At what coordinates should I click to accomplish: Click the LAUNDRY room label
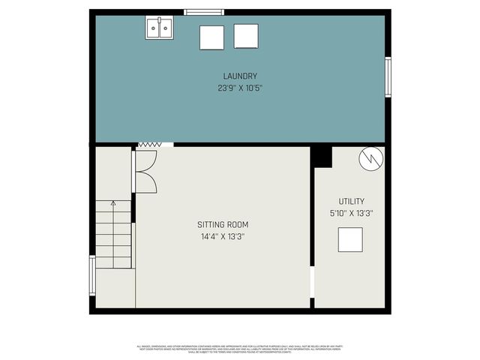point(240,76)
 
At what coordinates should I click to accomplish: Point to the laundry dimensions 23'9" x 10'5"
point(240,88)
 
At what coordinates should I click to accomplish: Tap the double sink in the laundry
point(159,28)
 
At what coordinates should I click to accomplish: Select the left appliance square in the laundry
point(211,37)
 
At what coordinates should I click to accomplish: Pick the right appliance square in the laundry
point(246,35)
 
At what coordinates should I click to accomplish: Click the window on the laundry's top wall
point(204,12)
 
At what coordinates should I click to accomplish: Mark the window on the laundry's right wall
point(388,77)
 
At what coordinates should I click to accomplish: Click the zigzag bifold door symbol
point(150,144)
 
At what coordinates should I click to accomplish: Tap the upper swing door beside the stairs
point(145,160)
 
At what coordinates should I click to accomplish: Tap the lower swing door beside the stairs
point(145,182)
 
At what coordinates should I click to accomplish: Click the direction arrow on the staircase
point(113,202)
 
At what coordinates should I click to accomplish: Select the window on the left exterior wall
point(92,275)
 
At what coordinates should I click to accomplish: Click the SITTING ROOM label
point(223,224)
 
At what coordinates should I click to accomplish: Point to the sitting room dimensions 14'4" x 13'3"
point(223,236)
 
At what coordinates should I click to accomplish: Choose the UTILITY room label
point(351,201)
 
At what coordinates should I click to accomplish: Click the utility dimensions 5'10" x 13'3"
point(351,213)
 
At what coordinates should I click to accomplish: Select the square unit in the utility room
point(350,239)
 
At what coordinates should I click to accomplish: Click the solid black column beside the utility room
point(321,156)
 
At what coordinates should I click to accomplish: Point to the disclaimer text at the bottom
point(239,349)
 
